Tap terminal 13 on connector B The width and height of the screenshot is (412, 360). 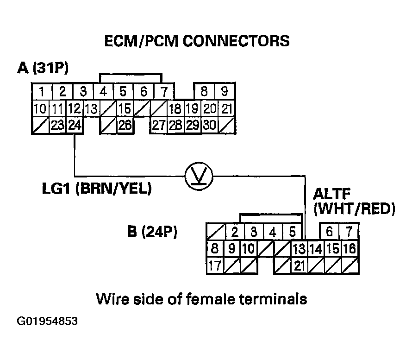click(299, 249)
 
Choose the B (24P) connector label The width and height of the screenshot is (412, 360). click(152, 232)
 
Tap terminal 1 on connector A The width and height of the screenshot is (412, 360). click(42, 91)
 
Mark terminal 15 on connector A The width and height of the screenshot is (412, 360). click(124, 110)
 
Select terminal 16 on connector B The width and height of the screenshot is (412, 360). click(350, 249)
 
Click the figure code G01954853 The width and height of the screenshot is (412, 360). click(47, 321)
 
